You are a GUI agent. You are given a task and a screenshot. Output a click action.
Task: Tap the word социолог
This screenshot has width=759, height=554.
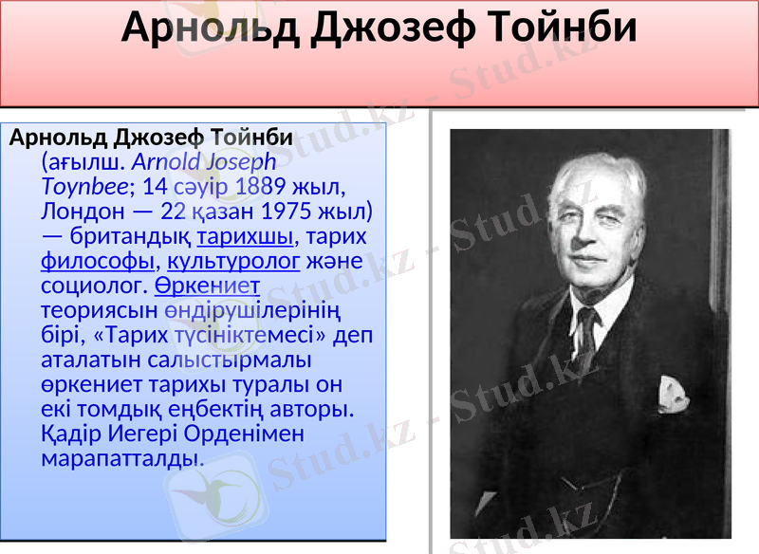[x=94, y=285]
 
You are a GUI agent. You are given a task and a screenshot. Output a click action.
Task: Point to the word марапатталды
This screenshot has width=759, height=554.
[x=121, y=458]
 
